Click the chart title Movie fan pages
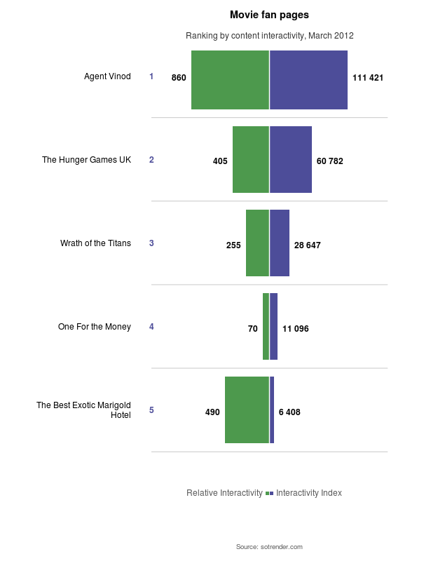269,15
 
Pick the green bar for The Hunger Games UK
251,160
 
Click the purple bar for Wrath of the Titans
280,243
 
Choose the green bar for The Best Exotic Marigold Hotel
247,410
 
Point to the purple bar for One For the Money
274,327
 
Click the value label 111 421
368,78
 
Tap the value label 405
220,161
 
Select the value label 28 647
308,245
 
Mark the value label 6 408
289,412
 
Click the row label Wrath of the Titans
95,243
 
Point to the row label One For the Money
95,327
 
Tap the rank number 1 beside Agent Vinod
151,76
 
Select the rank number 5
151,410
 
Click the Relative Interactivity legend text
224,493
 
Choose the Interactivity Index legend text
309,493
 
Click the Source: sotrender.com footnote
269,546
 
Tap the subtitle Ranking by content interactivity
269,36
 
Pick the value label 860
179,78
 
